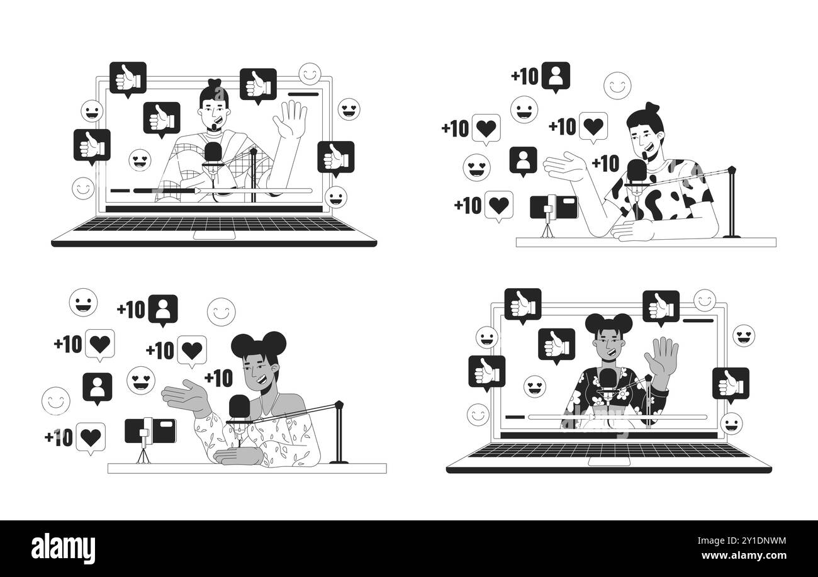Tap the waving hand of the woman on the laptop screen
(x=665, y=354)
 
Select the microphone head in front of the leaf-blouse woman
(x=240, y=407)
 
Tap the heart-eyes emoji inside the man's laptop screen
(x=138, y=160)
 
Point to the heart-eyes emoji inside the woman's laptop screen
(x=535, y=385)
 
